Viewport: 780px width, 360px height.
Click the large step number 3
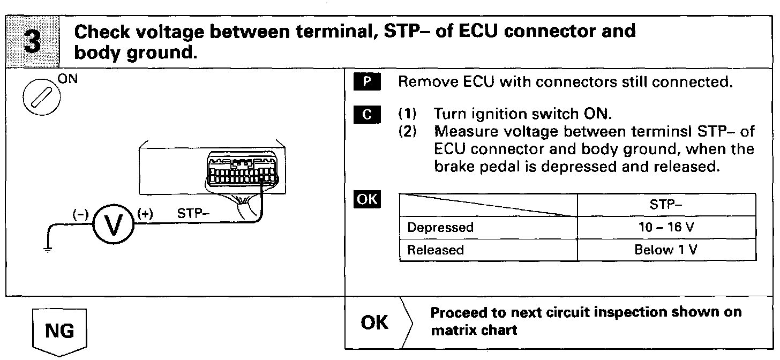33,42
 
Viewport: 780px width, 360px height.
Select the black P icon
366,82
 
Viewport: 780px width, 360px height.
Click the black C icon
366,114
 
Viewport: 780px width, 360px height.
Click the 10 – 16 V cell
667,227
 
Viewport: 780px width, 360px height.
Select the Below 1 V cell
667,250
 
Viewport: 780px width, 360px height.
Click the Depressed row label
440,227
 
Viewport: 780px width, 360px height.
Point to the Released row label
436,250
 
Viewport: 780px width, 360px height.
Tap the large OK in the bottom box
375,323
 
